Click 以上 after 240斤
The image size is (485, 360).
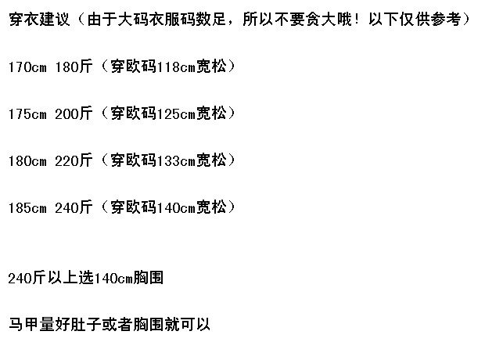point(61,278)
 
